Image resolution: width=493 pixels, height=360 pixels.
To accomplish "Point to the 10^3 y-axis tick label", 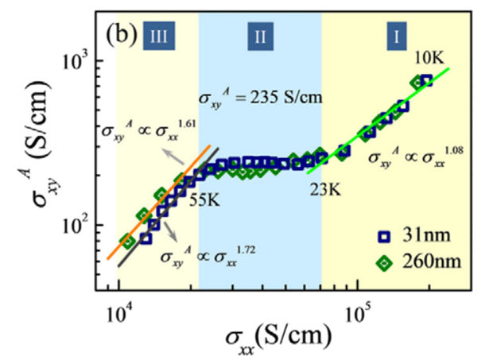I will [76, 60].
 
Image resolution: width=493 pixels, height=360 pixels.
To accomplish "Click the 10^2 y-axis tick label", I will [76, 226].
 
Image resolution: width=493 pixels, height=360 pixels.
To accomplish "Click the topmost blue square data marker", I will [426, 80].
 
